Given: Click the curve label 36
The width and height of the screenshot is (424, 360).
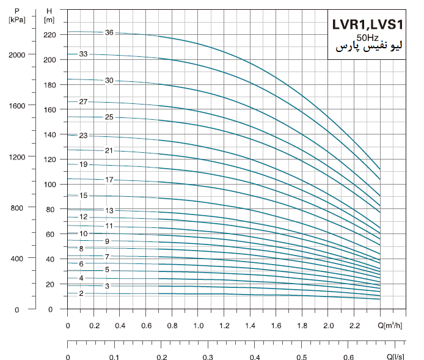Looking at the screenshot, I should pyautogui.click(x=109, y=32).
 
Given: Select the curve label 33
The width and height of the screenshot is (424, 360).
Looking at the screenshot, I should pyautogui.click(x=83, y=54).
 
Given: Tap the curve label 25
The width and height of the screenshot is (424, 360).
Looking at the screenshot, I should pyautogui.click(x=109, y=117).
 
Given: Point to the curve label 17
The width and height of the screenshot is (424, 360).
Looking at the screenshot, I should pyautogui.click(x=109, y=180).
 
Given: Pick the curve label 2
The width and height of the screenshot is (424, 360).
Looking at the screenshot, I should pyautogui.click(x=81, y=293).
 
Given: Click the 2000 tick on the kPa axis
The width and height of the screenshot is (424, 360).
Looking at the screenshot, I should pyautogui.click(x=18, y=54).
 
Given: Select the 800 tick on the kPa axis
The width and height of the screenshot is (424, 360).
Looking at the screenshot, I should pyautogui.click(x=18, y=208).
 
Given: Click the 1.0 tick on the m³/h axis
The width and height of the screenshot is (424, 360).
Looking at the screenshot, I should pyautogui.click(x=198, y=325).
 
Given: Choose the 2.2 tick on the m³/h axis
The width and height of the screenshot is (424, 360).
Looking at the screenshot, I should pyautogui.click(x=354, y=325).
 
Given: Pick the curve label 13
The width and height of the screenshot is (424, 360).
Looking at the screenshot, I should pyautogui.click(x=109, y=210).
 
